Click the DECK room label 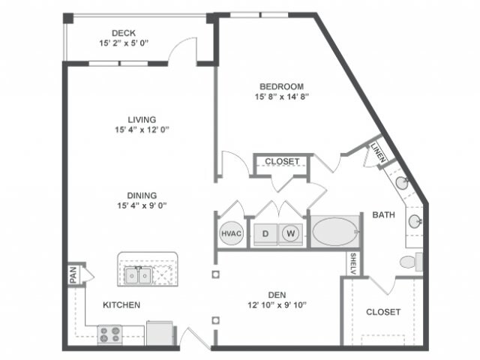point(123,33)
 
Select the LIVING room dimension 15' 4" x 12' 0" point(141,130)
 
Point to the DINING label point(141,195)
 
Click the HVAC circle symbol point(231,233)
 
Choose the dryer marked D point(265,233)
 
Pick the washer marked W point(290,233)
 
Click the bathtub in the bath point(334,232)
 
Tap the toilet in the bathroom point(412,262)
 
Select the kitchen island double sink point(139,275)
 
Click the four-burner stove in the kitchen point(111,334)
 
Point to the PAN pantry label point(73,276)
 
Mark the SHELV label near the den point(351,263)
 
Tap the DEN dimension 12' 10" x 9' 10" point(274,304)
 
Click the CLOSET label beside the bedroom point(282,161)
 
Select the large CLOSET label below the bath point(382,312)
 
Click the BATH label point(383,215)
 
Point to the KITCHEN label point(121,305)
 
